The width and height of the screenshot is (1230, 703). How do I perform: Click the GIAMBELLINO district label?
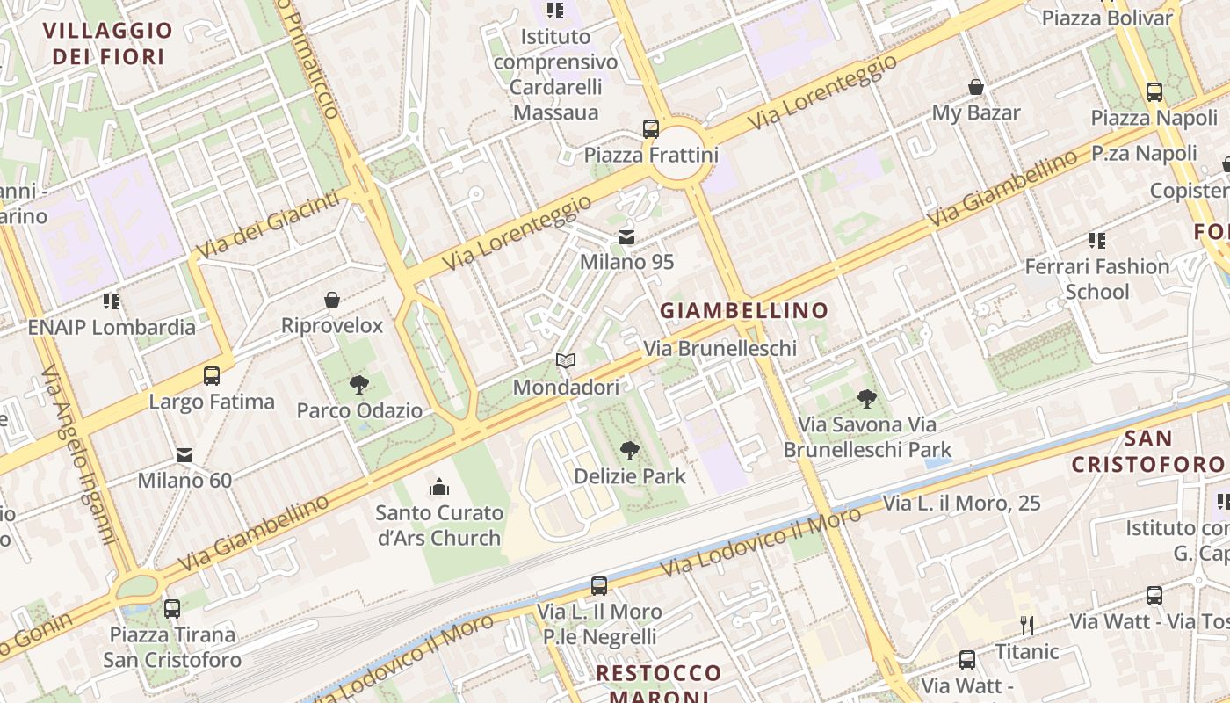(744, 310)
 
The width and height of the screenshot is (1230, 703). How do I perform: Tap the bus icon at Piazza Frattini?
(650, 129)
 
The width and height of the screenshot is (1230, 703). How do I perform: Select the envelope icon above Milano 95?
(626, 236)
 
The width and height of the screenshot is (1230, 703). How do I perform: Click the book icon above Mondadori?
(566, 361)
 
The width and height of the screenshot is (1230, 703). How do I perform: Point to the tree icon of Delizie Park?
(629, 451)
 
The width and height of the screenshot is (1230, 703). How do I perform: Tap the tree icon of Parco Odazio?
(358, 384)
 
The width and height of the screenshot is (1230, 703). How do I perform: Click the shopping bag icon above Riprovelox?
(332, 301)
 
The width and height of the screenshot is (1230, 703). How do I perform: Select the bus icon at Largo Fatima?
(212, 376)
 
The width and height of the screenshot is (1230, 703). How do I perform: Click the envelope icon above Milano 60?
(184, 455)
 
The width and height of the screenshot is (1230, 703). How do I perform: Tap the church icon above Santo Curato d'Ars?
(438, 487)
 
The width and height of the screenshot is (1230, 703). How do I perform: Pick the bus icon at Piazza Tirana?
(172, 608)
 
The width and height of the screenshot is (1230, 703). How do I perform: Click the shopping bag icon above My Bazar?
(975, 87)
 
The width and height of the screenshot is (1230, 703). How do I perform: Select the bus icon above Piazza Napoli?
(1154, 92)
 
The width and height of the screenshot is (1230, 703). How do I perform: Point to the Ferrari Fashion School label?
(1097, 279)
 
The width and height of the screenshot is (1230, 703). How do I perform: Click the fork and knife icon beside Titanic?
(1026, 626)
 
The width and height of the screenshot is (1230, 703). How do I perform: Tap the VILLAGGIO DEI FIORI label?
(108, 43)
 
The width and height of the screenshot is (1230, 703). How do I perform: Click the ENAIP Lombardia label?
(112, 327)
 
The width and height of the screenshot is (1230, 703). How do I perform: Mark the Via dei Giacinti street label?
(267, 226)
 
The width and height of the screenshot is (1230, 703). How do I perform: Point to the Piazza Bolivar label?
(1106, 18)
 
